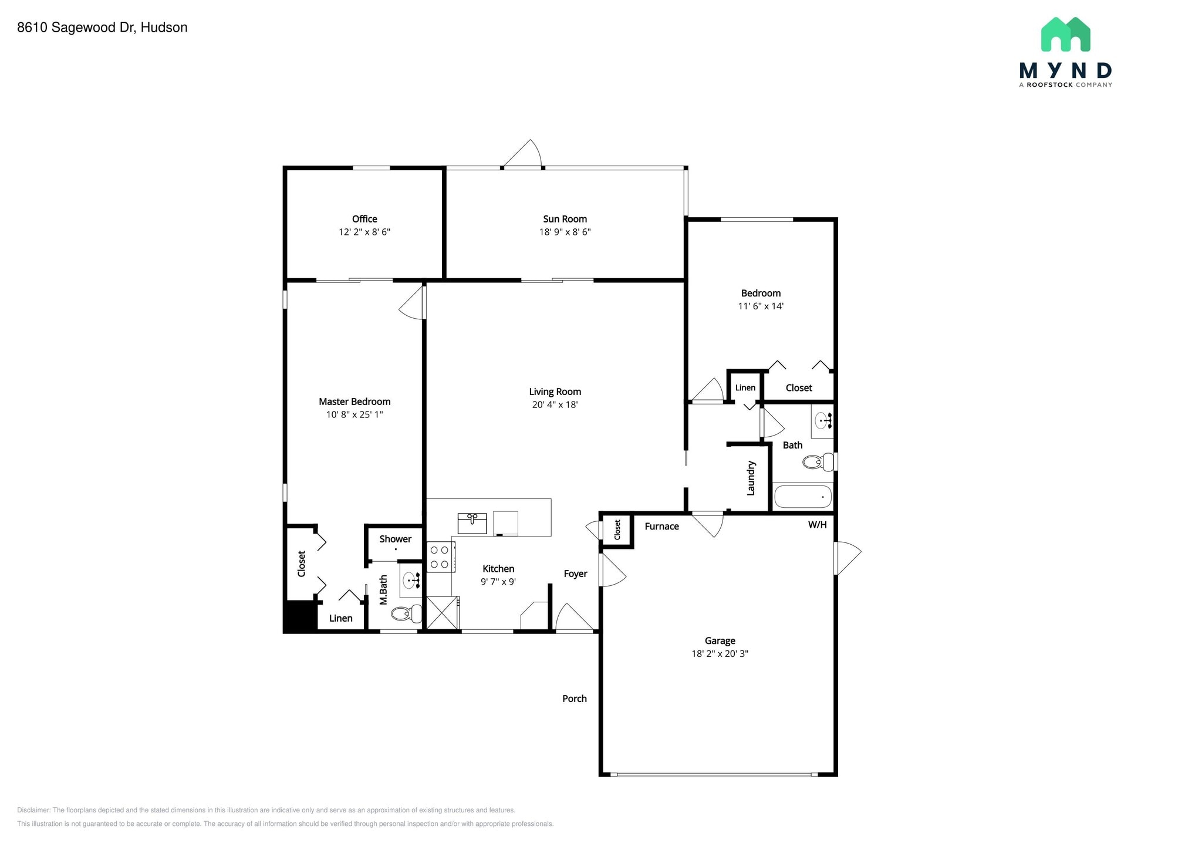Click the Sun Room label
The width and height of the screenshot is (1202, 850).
click(565, 219)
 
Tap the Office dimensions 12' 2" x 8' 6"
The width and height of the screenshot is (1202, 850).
click(364, 232)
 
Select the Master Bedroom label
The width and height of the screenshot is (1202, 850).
click(354, 402)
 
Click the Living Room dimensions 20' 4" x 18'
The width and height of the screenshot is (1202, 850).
click(555, 404)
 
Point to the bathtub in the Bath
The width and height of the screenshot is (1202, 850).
click(803, 497)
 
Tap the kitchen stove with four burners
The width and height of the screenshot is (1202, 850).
click(440, 557)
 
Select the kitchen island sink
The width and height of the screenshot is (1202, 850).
click(472, 523)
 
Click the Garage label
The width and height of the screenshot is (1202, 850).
click(720, 640)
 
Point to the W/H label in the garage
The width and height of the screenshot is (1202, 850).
click(817, 525)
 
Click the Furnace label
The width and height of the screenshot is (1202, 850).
click(661, 527)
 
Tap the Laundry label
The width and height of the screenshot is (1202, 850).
click(751, 478)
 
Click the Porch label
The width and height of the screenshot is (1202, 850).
click(574, 699)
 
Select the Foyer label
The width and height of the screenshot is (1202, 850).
click(575, 574)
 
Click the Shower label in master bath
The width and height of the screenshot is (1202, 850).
click(395, 539)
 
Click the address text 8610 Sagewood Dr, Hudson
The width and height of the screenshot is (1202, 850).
click(102, 28)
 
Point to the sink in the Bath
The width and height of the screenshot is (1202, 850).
click(823, 420)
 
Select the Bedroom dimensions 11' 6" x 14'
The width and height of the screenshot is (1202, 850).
click(761, 306)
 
